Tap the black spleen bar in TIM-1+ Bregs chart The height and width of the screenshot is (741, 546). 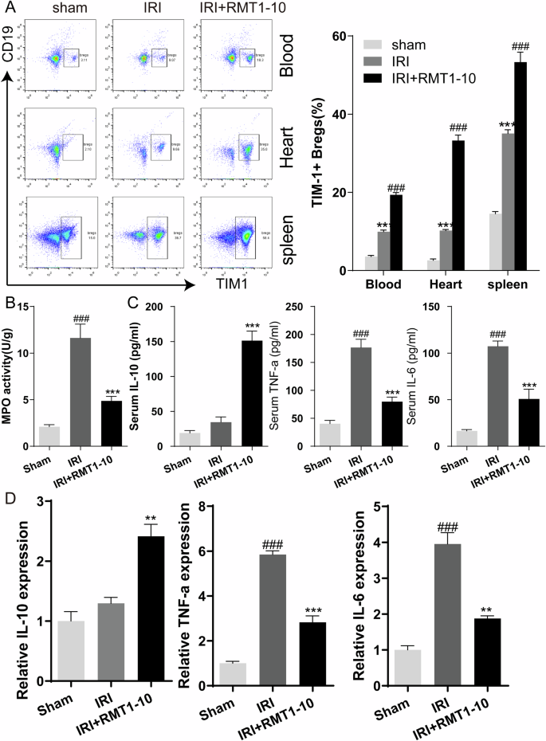tap(520, 167)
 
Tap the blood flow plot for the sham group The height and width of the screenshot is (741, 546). tap(57, 58)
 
